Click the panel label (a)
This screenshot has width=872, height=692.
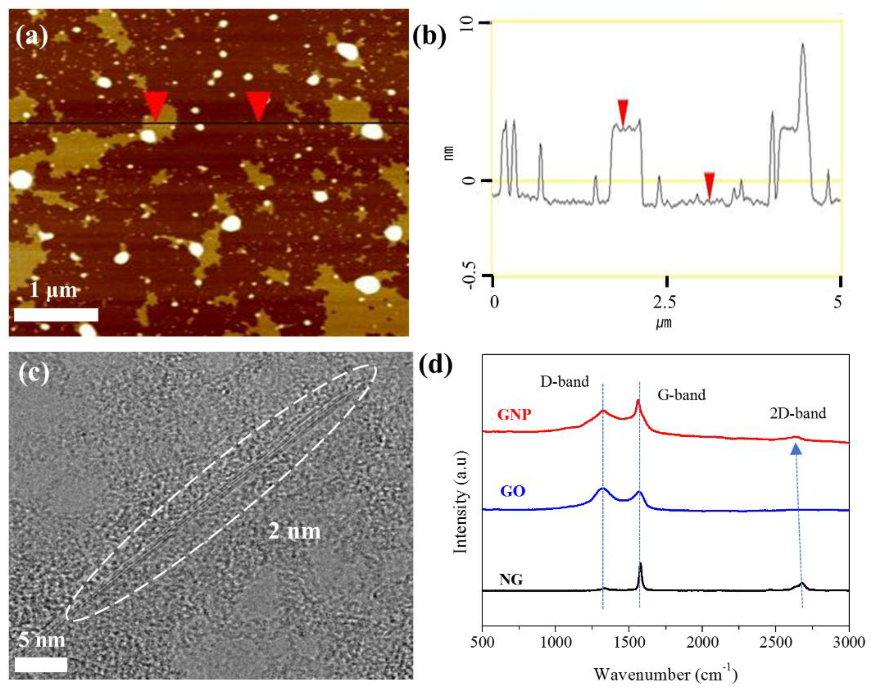point(31,37)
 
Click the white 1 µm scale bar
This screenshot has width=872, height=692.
point(56,314)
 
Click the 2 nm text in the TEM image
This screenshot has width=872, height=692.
point(295,531)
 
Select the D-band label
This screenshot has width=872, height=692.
point(565,381)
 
